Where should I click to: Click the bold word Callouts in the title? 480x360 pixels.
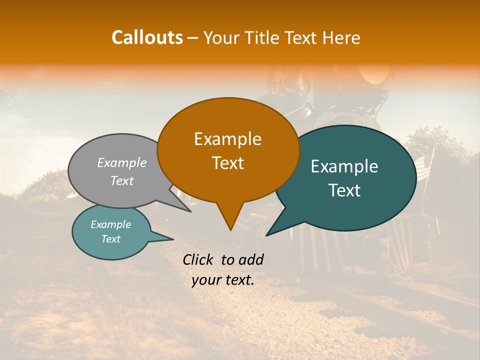tap(147, 37)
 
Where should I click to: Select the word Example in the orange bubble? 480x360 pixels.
tap(227, 139)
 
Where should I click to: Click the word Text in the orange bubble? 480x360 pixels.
tap(227, 163)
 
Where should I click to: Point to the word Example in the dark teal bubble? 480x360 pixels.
tap(344, 166)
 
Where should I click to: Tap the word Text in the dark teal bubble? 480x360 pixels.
tap(344, 190)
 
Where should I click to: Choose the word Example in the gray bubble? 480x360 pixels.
tap(122, 163)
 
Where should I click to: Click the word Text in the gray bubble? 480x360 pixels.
tap(122, 181)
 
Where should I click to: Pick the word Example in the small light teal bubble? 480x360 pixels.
tap(110, 224)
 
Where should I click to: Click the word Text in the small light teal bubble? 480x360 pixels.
tap(110, 239)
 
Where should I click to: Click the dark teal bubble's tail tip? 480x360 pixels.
tap(267, 235)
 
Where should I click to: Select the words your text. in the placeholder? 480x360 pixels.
tap(222, 280)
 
